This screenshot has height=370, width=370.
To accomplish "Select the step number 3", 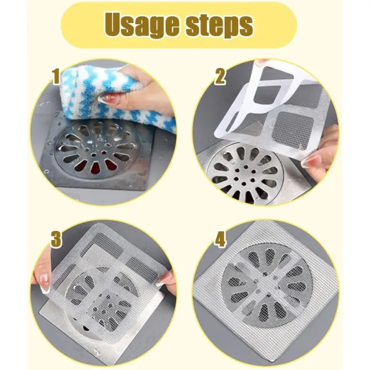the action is pos(56,239).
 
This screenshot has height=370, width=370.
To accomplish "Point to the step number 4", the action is pos(220,239).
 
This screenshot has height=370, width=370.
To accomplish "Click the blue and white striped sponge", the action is pos(111,94).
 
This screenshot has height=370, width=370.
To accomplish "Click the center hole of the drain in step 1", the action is pos(94,155).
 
